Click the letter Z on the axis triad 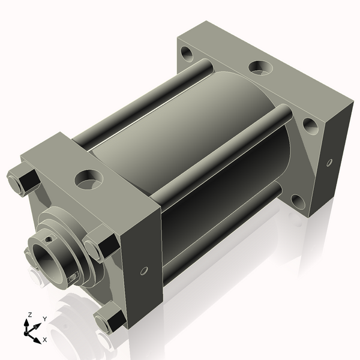pos(30,314)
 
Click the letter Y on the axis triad pos(44,319)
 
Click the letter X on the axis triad pos(45,340)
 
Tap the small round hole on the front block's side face pos(143,271)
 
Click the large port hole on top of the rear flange pos(260,67)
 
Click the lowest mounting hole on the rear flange pos(297,200)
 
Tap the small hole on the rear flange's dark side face pos(329,162)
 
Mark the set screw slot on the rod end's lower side pos(73,277)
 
